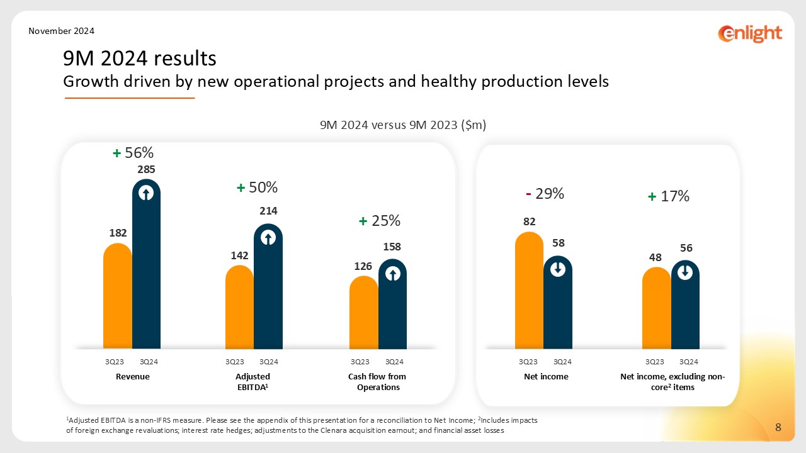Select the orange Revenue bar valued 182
pos(118,296)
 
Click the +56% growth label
pos(133,153)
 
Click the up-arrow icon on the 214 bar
pos(268,238)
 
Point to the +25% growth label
pos(380,221)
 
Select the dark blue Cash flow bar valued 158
pos(392,308)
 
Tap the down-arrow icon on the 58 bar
pos(558,269)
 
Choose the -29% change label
pos(545,194)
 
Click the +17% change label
pos(669,196)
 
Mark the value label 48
pos(656,257)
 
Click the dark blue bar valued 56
pos(685,308)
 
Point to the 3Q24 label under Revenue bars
pos(149,362)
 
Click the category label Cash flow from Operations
pos(377,382)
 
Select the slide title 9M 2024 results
pos(140,59)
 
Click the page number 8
pos(778,428)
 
